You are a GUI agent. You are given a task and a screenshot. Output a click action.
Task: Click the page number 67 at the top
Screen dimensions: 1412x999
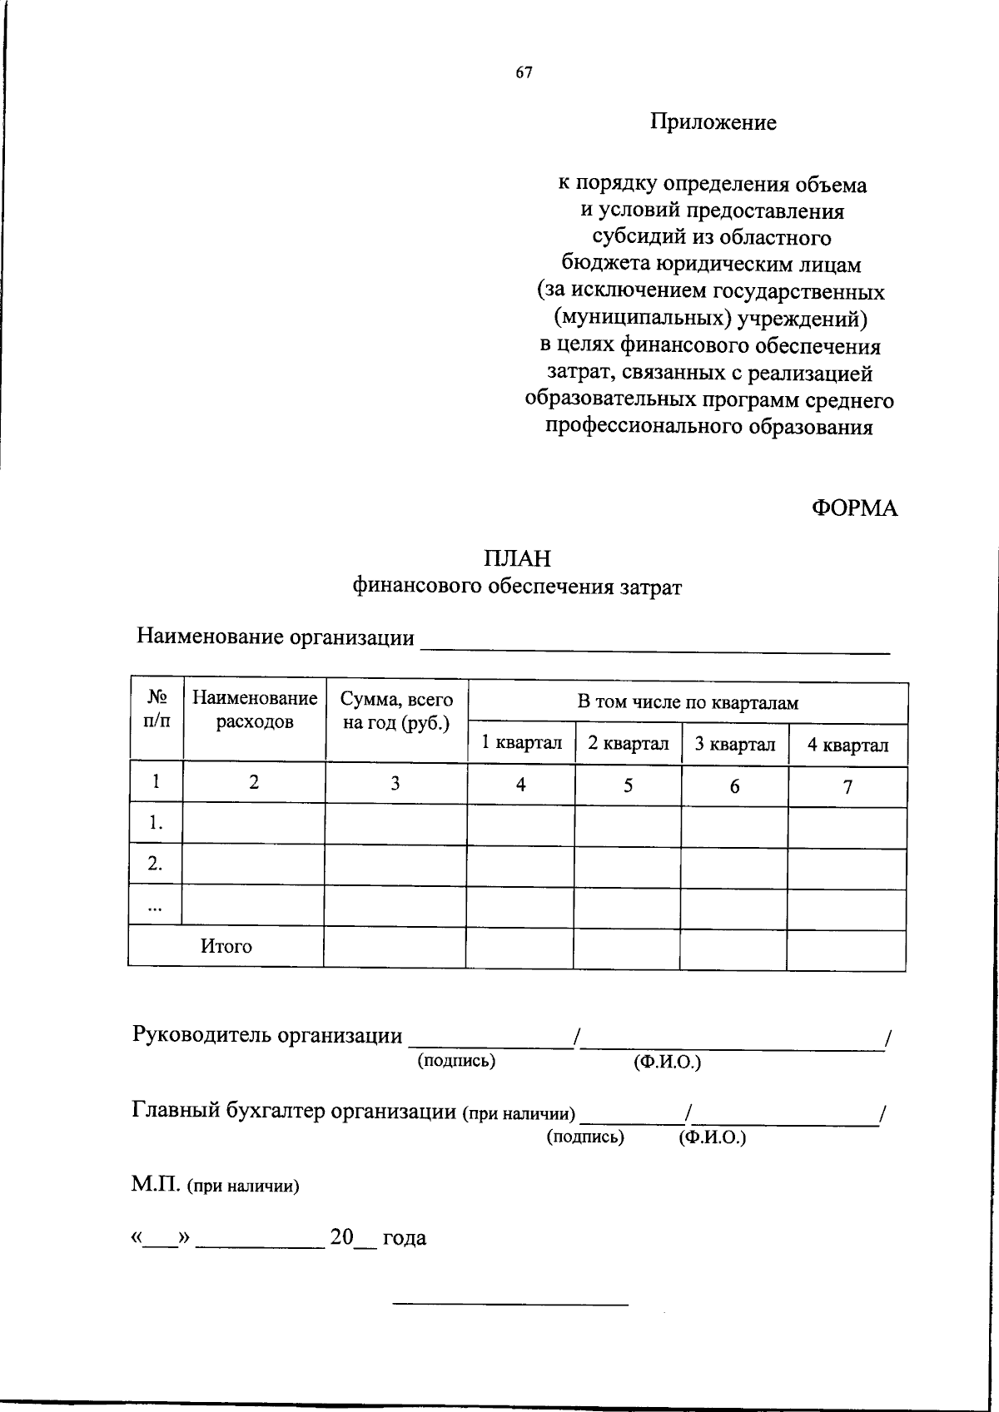[524, 72]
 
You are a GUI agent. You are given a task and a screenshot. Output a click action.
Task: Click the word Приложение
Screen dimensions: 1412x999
[713, 123]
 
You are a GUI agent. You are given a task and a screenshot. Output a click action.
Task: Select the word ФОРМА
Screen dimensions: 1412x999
[855, 508]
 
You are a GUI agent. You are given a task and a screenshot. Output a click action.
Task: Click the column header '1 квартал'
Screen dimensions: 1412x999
[522, 743]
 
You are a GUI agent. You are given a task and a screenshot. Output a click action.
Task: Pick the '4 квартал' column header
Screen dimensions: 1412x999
[847, 746]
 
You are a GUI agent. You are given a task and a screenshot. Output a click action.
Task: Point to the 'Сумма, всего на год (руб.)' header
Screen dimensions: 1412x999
[396, 711]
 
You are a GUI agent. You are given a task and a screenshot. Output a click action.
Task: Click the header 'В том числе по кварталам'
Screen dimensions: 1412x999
[688, 703]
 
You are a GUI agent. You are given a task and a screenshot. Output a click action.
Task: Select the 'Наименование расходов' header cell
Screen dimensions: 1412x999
[255, 709]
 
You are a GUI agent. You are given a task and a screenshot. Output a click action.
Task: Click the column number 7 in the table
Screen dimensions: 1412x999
[847, 787]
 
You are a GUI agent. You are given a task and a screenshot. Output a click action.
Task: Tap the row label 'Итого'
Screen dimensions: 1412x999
[226, 947]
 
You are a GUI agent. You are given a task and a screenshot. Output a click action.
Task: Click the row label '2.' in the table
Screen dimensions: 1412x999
[156, 865]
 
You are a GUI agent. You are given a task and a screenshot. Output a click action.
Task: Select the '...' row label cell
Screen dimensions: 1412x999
[155, 906]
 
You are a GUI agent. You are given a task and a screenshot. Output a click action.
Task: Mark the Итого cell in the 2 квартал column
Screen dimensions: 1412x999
[627, 949]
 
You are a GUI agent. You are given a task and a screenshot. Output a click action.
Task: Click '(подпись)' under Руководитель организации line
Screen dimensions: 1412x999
[456, 1061]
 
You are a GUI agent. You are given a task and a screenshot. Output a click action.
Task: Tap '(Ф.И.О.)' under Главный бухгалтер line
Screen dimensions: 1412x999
[713, 1137]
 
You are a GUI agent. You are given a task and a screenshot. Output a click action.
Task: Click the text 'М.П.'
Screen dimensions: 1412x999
[156, 1185]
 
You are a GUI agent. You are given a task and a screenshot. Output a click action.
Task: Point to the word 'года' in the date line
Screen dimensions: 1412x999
[404, 1238]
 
